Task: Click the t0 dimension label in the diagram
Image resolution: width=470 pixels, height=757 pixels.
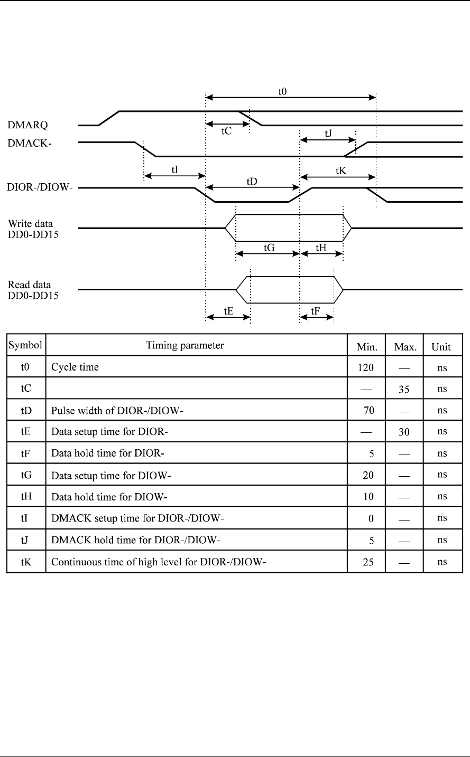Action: (283, 91)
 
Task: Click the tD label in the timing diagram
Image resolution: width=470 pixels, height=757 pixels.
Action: (252, 181)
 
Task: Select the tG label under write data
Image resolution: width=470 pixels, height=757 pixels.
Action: (268, 247)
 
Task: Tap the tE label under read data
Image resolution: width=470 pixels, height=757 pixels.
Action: (228, 311)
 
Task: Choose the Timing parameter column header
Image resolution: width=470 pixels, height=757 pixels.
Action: (185, 346)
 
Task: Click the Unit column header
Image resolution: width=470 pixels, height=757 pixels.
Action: (441, 347)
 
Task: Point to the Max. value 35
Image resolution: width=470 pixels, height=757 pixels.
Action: (404, 389)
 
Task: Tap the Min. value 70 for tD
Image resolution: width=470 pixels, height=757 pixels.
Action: (368, 410)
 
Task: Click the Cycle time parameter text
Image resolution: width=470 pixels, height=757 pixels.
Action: (75, 367)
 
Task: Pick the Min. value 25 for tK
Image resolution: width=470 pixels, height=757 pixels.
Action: (368, 562)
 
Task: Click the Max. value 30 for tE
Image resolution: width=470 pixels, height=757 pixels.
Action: (404, 432)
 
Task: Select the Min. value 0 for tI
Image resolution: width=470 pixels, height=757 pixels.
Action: (371, 518)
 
